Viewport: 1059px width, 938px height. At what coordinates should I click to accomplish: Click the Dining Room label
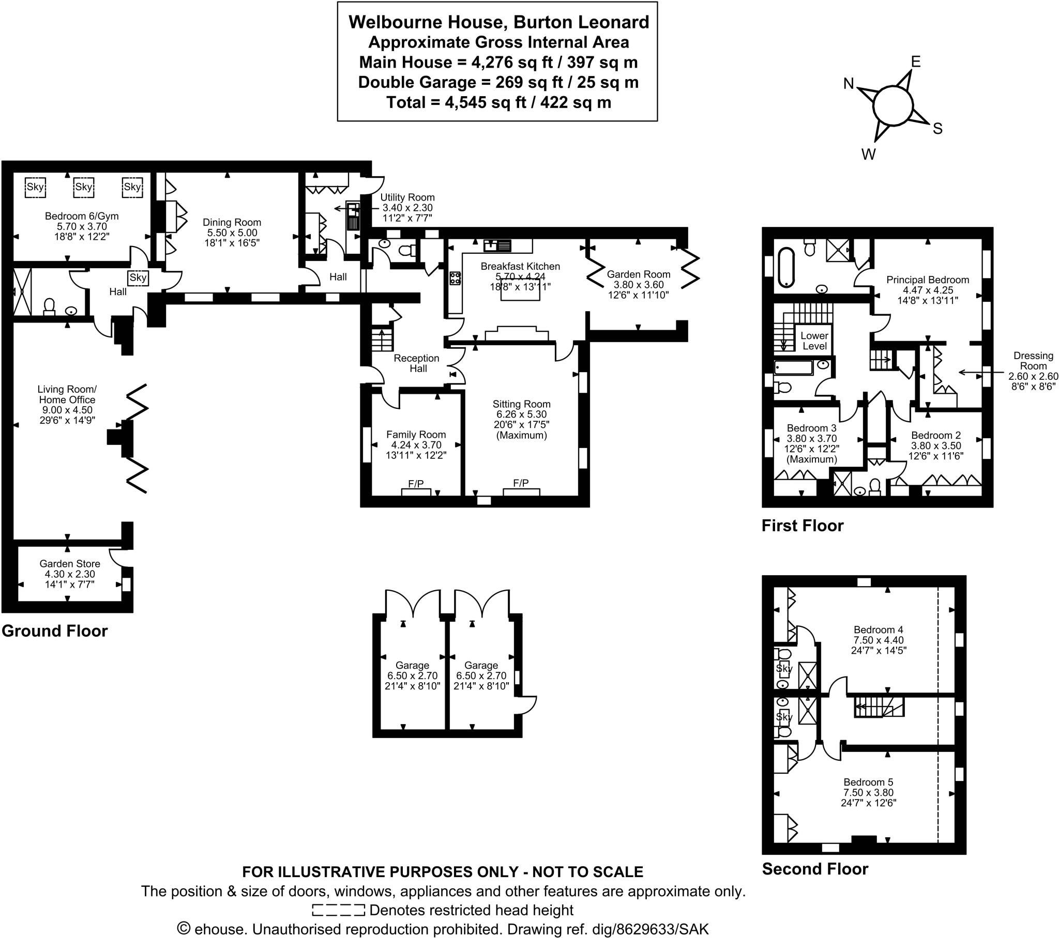click(232, 222)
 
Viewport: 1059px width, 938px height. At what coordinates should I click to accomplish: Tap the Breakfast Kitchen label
click(520, 266)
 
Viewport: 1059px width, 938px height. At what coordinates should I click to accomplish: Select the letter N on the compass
click(848, 84)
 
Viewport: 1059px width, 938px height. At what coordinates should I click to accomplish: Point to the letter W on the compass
click(868, 154)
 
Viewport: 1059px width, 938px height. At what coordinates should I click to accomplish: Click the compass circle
click(892, 105)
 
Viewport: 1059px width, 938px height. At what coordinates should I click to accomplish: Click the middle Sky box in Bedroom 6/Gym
click(83, 187)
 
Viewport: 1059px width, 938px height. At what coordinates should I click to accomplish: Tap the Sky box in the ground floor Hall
click(139, 278)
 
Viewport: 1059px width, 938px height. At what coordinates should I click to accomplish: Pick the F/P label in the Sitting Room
click(521, 483)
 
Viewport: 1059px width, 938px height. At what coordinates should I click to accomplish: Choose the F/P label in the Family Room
click(416, 483)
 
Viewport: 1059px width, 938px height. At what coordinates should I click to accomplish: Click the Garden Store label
click(70, 563)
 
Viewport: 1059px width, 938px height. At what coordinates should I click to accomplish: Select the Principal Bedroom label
click(928, 280)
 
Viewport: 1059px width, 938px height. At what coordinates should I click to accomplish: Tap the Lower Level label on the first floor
click(814, 341)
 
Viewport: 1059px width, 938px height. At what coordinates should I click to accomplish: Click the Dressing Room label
click(1034, 361)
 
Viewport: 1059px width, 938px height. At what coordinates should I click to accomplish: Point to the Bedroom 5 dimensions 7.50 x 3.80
click(868, 792)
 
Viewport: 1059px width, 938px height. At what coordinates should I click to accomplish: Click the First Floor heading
click(802, 526)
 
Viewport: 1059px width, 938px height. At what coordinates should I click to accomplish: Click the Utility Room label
click(407, 197)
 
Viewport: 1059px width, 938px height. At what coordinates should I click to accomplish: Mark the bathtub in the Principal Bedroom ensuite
click(786, 267)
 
